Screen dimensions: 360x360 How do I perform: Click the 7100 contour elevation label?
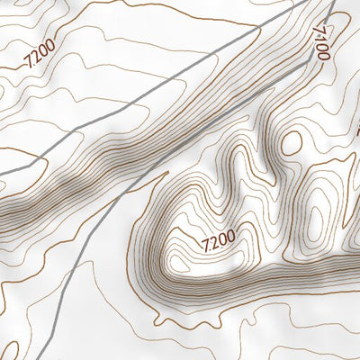[x=322, y=41]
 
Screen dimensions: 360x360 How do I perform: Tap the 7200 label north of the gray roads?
[x=40, y=54]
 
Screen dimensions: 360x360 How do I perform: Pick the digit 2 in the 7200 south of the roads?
[x=214, y=240]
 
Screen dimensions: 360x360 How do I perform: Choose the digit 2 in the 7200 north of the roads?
[x=36, y=56]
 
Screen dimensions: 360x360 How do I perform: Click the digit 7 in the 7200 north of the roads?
[x=30, y=63]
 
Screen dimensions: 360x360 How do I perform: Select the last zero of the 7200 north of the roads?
[x=49, y=45]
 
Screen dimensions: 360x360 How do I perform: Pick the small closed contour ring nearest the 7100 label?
[x=292, y=142]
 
